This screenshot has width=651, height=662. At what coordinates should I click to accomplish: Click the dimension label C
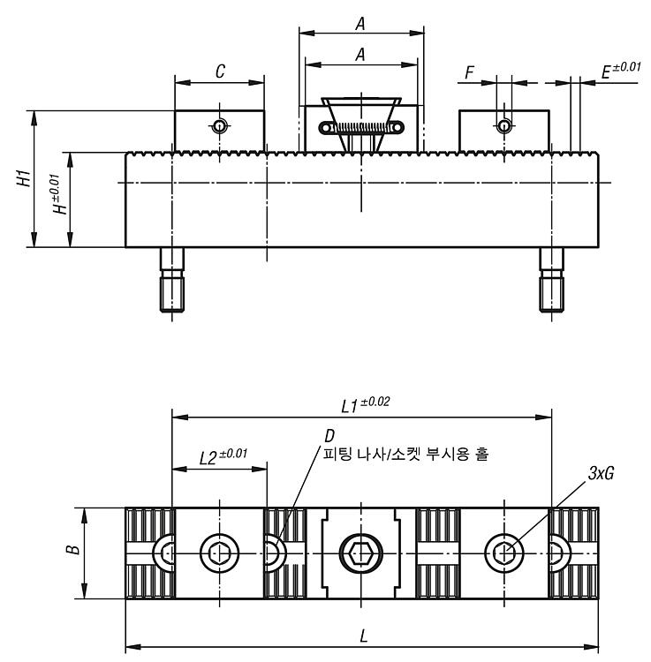point(220,71)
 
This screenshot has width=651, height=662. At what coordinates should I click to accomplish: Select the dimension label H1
point(24,178)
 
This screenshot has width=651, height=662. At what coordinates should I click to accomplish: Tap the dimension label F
point(469,72)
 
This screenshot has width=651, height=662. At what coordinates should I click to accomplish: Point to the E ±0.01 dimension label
point(621,71)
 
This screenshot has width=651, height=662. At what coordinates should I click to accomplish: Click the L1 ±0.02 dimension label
point(366,404)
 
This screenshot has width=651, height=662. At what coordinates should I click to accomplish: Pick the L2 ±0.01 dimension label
point(223,456)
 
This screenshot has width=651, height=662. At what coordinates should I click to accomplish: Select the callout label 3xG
point(601,474)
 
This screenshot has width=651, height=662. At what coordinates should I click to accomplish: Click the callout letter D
point(329,435)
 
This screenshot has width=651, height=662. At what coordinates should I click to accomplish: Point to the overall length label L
point(364,636)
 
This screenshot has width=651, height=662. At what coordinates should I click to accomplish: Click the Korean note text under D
point(405,455)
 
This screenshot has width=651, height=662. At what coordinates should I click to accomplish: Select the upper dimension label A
point(360,24)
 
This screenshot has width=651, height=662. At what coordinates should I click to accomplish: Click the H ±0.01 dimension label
point(59,194)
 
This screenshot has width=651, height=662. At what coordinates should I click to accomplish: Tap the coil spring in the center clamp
point(361,127)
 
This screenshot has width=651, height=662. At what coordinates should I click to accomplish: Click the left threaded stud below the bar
point(172,280)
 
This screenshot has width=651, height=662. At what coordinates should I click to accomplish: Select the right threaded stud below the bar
point(551,280)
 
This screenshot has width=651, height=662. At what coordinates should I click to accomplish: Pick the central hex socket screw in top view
point(361,553)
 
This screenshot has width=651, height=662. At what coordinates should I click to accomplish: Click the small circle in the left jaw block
point(219,126)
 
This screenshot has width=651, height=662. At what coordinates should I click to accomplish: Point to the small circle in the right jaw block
point(503,126)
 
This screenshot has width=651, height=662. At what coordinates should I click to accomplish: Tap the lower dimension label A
point(360,55)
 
